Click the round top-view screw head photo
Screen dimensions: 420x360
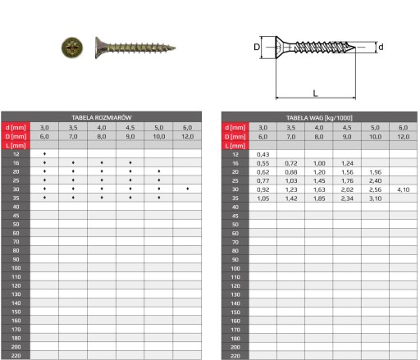(72, 48)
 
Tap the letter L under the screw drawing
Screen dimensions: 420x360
(315, 93)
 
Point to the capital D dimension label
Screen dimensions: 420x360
(257, 47)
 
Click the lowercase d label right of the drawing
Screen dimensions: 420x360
(381, 47)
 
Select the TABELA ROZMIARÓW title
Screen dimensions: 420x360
(102, 117)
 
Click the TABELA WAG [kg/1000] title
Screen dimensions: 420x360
(319, 118)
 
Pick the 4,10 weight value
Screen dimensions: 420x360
(404, 189)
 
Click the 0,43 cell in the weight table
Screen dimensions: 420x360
(262, 154)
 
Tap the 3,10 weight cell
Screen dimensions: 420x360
(375, 198)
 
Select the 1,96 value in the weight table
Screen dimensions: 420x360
(375, 172)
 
